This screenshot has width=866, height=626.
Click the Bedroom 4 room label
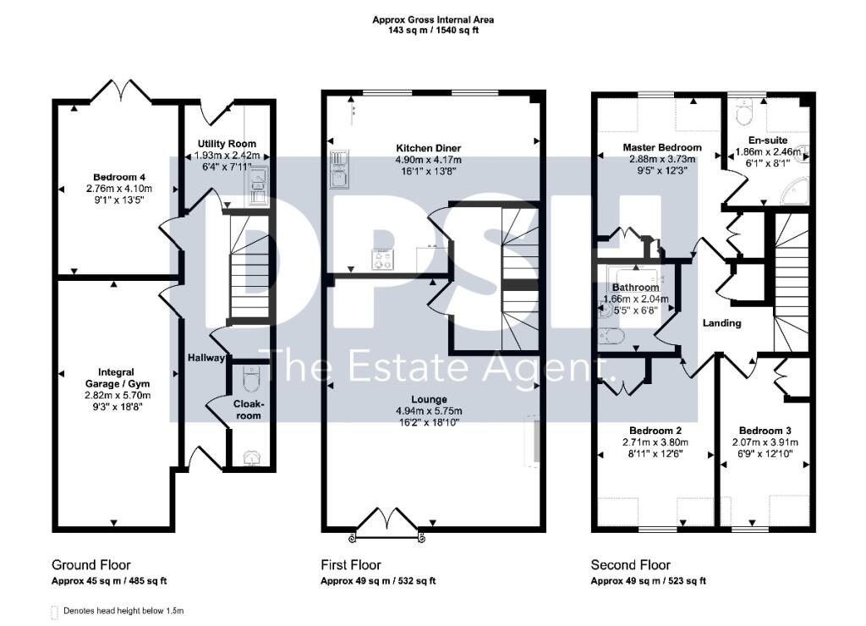coord(119,177)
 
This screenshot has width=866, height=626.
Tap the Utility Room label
coord(227,144)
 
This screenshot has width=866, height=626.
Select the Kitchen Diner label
coord(428,148)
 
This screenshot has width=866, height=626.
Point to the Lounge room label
coord(429,399)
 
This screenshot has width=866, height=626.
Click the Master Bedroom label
coord(661,147)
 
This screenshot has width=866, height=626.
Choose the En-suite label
coord(768,140)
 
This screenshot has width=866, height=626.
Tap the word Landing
coord(721,323)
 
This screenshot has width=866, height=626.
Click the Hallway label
coord(206,358)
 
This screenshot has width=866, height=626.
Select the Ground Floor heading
coord(91,565)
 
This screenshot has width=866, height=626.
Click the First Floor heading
coord(351,565)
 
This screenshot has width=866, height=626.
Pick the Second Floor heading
coord(630,565)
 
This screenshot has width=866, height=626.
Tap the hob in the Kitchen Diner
coord(382,259)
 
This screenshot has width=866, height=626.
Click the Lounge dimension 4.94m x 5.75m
coord(429,411)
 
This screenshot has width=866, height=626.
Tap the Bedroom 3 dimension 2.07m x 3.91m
coord(765,442)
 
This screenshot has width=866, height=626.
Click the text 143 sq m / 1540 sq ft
coord(433,30)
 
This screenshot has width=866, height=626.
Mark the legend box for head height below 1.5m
coord(54,612)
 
